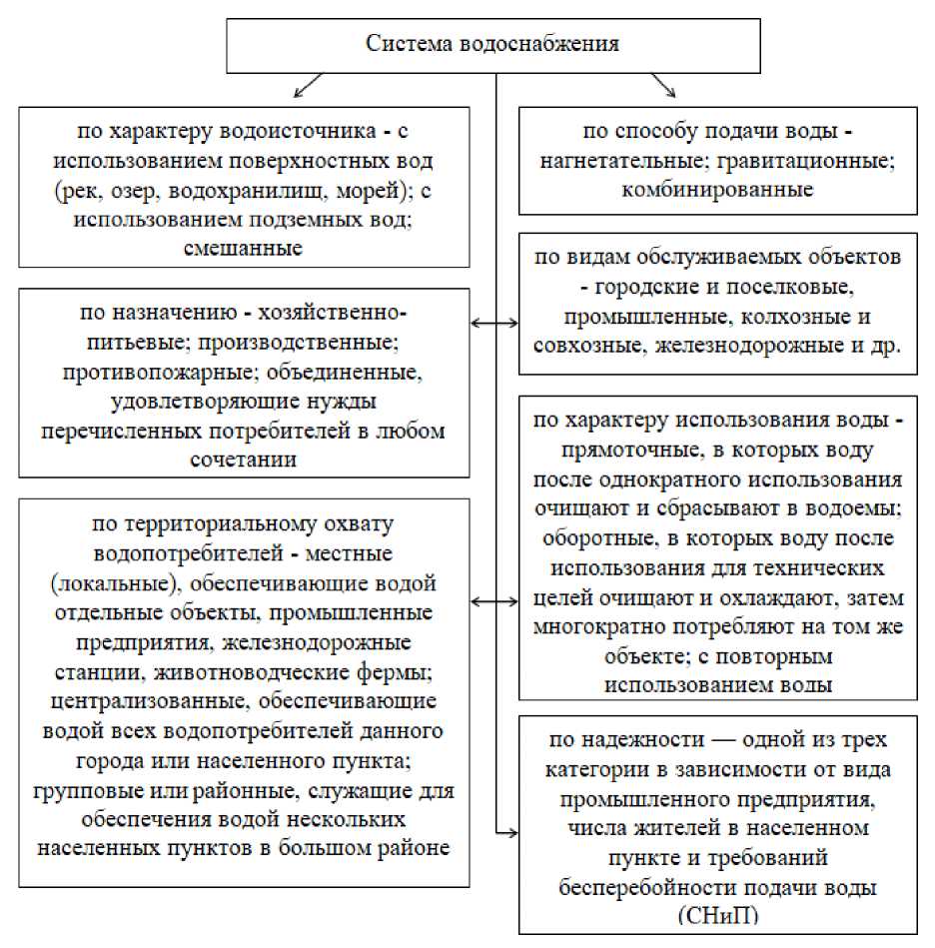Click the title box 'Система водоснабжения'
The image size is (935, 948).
click(492, 45)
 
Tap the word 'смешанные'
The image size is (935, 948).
click(244, 247)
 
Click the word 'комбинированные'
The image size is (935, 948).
click(717, 188)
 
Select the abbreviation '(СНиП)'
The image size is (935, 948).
click(716, 914)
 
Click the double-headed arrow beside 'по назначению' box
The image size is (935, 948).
click(495, 323)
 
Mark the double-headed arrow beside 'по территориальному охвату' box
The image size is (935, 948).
click(495, 601)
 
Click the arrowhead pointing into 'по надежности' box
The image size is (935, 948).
click(513, 830)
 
